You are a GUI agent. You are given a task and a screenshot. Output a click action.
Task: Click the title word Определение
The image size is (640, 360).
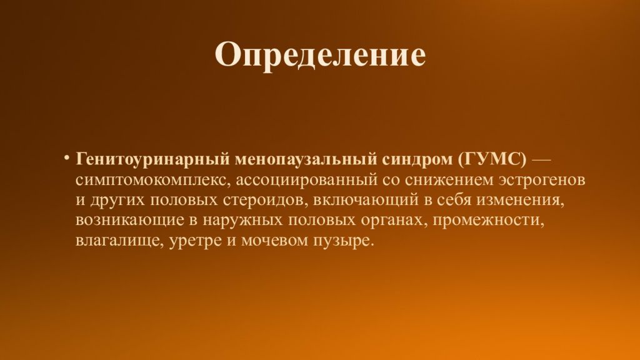tap(320, 56)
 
